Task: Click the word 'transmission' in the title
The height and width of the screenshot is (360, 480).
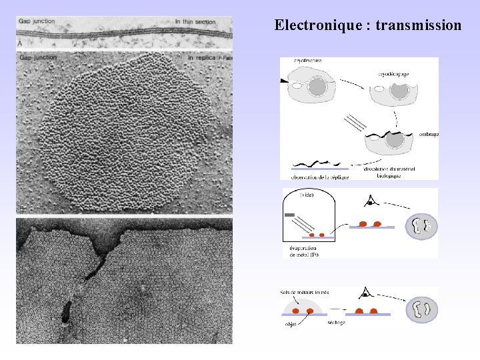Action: [x=418, y=26]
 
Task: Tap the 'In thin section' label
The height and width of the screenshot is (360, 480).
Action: [x=195, y=22]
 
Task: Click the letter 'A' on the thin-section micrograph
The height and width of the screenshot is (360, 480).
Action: [x=20, y=43]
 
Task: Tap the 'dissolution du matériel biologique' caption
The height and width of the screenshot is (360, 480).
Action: [x=389, y=173]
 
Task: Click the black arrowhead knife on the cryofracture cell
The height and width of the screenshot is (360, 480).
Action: [x=285, y=81]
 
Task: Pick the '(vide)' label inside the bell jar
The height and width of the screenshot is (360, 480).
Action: [x=307, y=195]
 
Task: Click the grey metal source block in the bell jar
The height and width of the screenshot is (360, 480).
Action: [x=289, y=215]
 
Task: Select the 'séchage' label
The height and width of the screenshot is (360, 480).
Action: [x=336, y=322]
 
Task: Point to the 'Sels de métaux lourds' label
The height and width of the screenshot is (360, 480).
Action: [x=305, y=292]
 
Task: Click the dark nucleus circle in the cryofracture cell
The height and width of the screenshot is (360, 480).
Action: [x=317, y=87]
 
